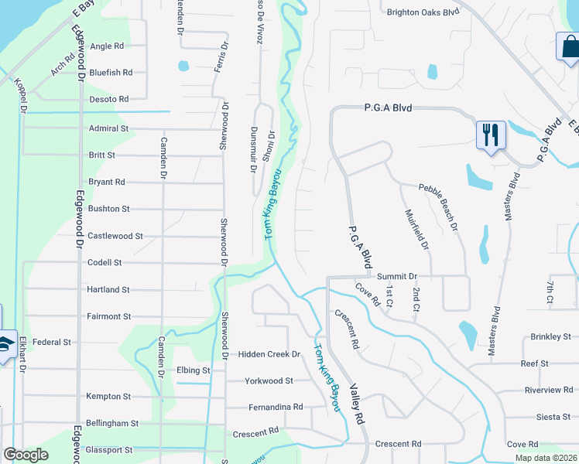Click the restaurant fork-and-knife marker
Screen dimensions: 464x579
pyautogui.click(x=491, y=135)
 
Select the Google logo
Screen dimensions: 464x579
pyautogui.click(x=26, y=455)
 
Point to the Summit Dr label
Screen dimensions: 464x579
pyautogui.click(x=397, y=276)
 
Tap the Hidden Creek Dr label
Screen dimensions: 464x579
pyautogui.click(x=269, y=354)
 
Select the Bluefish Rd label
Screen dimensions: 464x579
pyautogui.click(x=111, y=73)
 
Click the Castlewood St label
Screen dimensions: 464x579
pyautogui.click(x=115, y=236)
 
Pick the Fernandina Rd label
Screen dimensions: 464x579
pyautogui.click(x=276, y=407)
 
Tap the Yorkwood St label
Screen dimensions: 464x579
pyautogui.click(x=269, y=380)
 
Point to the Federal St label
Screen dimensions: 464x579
pyautogui.click(x=52, y=342)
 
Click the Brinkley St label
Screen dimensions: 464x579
pyautogui.click(x=550, y=337)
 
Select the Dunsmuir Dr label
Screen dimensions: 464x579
pyautogui.click(x=254, y=150)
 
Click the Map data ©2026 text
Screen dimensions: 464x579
pyautogui.click(x=545, y=458)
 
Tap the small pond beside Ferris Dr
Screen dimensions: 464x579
pyautogui.click(x=183, y=65)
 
